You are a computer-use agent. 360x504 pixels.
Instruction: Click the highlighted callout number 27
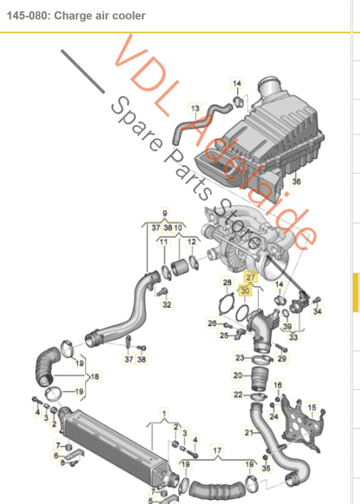coord(251,277)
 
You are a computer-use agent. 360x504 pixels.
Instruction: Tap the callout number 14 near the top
coord(237,83)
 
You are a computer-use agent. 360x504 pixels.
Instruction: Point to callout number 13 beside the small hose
coord(195,108)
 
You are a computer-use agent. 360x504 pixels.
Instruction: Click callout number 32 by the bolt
coord(167,305)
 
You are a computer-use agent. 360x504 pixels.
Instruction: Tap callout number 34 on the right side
coord(318,311)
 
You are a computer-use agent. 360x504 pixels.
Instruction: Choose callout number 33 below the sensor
coord(293,336)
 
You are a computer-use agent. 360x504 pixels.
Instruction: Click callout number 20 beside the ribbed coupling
coord(237,375)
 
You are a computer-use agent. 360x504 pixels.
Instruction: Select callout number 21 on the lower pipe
coord(249,432)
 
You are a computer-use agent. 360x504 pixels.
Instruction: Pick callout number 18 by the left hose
coord(95,376)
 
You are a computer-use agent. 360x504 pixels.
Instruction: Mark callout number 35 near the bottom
coord(266,468)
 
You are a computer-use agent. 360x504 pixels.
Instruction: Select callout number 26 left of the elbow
coord(211,323)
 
